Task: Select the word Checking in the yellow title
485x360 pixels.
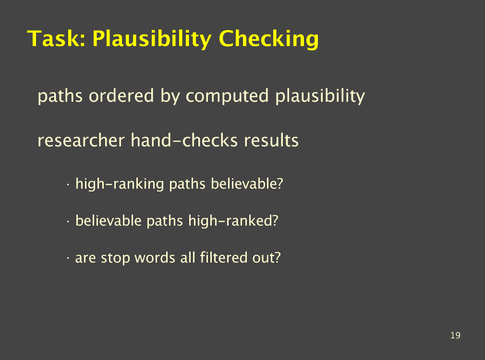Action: pyautogui.click(x=268, y=39)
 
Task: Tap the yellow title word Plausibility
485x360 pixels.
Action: pyautogui.click(x=152, y=39)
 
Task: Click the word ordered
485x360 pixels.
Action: pyautogui.click(x=121, y=96)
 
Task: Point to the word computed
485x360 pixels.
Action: pyautogui.click(x=227, y=96)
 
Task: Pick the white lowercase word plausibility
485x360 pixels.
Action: pyautogui.click(x=320, y=96)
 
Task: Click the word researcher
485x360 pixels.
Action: pyautogui.click(x=81, y=141)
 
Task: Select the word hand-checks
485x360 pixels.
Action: pyautogui.click(x=184, y=140)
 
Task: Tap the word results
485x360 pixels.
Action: pyautogui.click(x=271, y=141)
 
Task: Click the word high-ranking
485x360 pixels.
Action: pyautogui.click(x=120, y=184)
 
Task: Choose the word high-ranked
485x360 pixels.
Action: pyautogui.click(x=233, y=221)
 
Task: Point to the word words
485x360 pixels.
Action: pyautogui.click(x=155, y=258)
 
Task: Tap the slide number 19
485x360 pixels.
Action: pyautogui.click(x=455, y=336)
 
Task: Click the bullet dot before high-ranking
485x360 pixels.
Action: pyautogui.click(x=68, y=185)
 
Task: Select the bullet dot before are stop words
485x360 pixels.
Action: pyautogui.click(x=68, y=259)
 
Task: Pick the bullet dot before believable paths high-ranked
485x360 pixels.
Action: pyautogui.click(x=68, y=222)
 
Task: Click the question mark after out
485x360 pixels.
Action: pyautogui.click(x=277, y=257)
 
